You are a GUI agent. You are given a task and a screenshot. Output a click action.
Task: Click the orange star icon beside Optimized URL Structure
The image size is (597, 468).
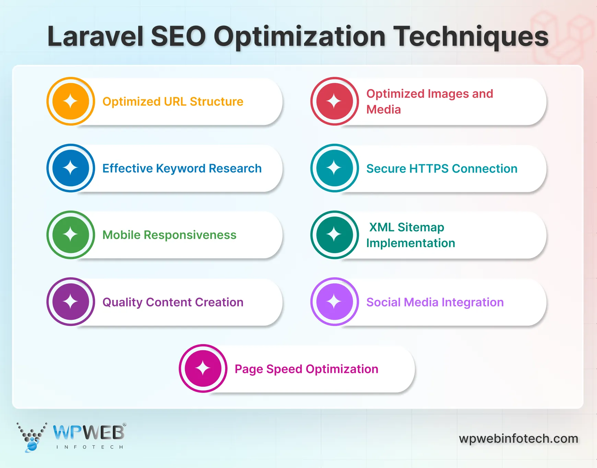[x=71, y=101]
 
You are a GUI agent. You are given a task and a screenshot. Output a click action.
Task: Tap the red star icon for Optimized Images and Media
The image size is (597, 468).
[x=335, y=101]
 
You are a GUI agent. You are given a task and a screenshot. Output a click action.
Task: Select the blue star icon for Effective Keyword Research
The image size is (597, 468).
[x=71, y=168]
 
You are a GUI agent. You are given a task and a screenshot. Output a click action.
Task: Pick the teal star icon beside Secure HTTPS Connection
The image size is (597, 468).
[x=335, y=168]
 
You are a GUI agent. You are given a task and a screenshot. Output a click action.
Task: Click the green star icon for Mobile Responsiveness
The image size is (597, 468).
[x=71, y=235]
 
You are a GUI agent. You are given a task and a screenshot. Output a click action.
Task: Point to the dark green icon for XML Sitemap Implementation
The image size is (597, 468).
[x=335, y=235]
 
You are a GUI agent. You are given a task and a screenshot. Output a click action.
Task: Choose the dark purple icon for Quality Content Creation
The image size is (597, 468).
[x=71, y=302]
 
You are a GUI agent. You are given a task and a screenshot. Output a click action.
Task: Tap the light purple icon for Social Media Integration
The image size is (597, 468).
[x=335, y=302]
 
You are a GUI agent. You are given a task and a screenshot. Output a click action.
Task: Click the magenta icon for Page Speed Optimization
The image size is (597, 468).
[x=203, y=368]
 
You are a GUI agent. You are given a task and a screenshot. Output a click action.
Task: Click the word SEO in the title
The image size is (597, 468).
[x=178, y=36]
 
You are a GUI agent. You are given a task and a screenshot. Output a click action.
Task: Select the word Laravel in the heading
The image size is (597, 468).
[x=95, y=36]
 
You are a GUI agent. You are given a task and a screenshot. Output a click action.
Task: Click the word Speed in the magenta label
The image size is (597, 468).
[x=284, y=369]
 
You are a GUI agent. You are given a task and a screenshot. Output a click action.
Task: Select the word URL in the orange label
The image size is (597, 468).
[x=175, y=102]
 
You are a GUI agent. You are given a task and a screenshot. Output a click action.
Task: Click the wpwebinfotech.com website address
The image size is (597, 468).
[x=518, y=438]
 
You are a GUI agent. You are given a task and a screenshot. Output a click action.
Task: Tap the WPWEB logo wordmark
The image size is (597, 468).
[x=89, y=433]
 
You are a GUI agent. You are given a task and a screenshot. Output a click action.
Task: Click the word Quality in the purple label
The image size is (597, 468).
[x=122, y=302]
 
